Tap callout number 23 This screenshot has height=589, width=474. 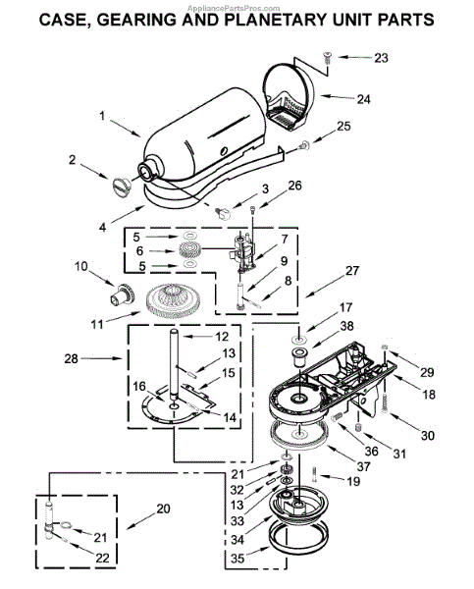381,58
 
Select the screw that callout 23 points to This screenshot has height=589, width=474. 327,59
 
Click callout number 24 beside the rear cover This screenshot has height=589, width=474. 363,99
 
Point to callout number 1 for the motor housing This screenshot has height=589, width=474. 102,115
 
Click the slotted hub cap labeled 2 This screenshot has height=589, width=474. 122,187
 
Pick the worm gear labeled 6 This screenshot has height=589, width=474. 190,250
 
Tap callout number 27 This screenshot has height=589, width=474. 352,271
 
